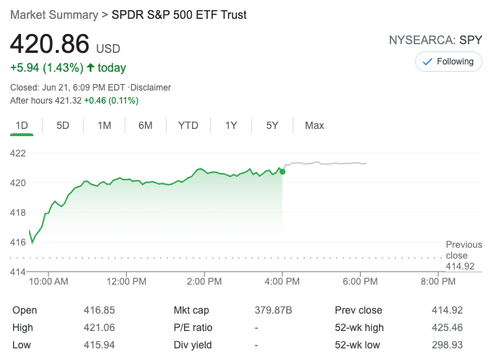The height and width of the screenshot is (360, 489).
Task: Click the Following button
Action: coord(448,62)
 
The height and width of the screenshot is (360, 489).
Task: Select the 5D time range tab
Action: coord(63,125)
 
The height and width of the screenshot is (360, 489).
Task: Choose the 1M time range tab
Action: coord(104,125)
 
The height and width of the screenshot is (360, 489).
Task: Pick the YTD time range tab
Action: coord(188,125)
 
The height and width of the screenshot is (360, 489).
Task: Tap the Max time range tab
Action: coord(314,125)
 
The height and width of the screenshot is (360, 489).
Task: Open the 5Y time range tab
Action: coord(272,125)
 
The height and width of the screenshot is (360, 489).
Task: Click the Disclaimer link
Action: coord(150,88)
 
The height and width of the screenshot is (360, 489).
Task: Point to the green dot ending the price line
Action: coord(282,171)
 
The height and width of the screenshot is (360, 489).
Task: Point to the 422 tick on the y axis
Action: coord(18,153)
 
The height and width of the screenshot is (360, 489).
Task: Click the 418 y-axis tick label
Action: coord(18,212)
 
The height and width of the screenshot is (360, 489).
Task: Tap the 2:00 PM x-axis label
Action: coord(204,281)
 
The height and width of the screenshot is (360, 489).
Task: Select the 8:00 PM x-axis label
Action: coord(438,281)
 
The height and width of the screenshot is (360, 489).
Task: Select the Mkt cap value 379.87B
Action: coord(274,310)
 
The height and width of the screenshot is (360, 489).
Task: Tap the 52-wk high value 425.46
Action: coord(446,327)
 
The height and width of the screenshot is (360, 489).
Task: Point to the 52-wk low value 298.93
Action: coord(446,345)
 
